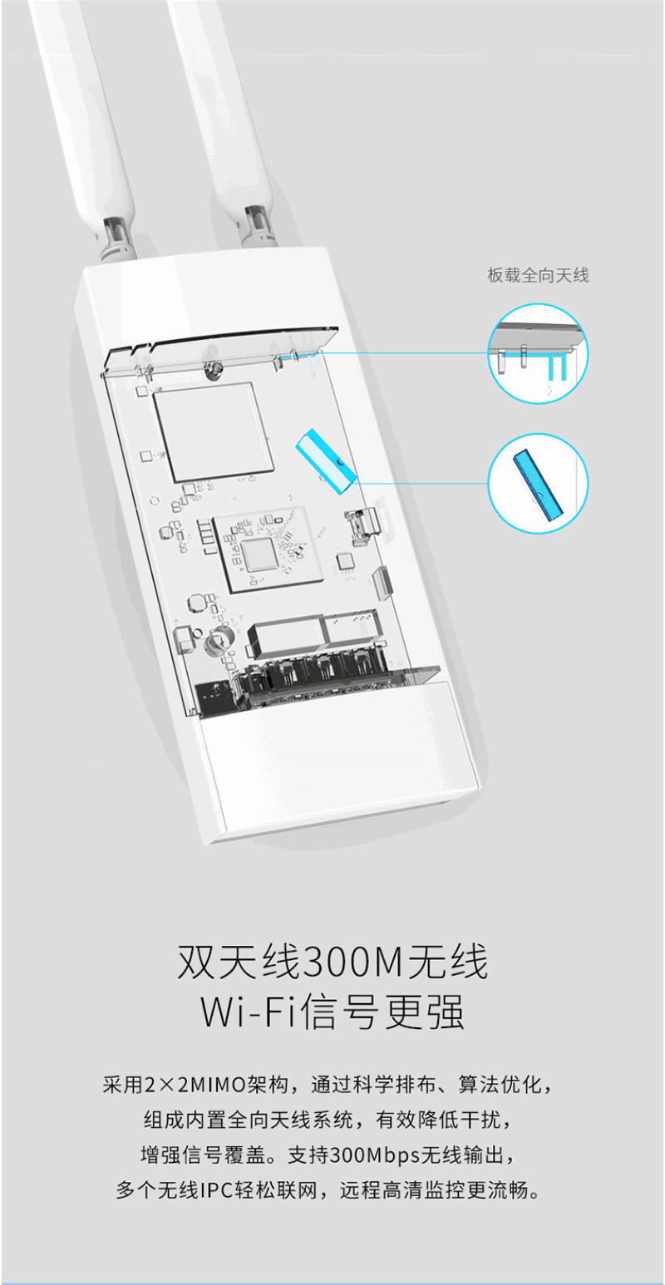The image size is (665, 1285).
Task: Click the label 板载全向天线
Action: pos(538,275)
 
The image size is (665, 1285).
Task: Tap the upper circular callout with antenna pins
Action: pos(538,354)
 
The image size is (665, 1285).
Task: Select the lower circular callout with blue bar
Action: pos(538,484)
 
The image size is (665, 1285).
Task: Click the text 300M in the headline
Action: pos(353,962)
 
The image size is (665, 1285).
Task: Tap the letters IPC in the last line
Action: pos(216,1190)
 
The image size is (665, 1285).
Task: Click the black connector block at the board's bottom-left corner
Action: pos(215,699)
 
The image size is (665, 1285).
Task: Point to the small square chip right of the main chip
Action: pos(345,561)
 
